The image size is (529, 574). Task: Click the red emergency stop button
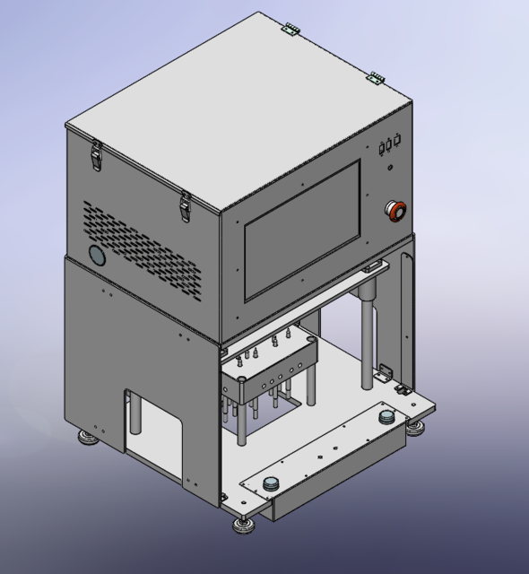point(395,210)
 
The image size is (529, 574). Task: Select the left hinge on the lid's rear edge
point(290,29)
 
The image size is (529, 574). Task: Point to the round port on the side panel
point(96,255)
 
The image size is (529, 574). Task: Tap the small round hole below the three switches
point(390,165)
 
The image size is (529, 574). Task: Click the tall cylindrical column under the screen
point(367,336)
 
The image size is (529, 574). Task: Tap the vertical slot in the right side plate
point(406,314)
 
